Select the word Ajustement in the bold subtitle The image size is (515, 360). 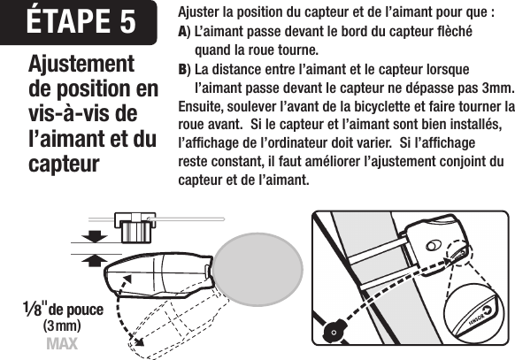point(81,65)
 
